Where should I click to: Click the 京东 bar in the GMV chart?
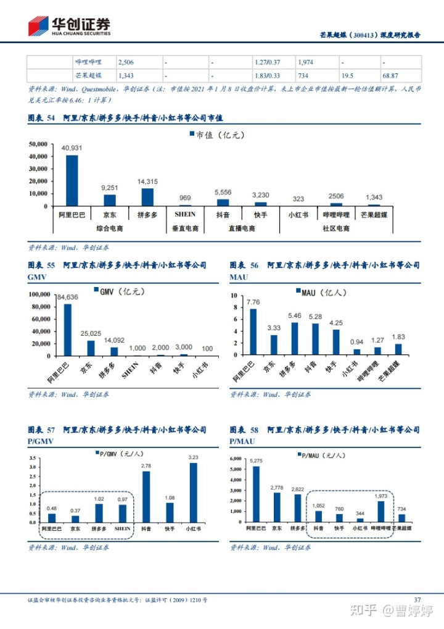91,348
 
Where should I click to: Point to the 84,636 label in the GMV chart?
67,298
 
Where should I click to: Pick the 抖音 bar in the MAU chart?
315,339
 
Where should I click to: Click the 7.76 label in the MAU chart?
253,302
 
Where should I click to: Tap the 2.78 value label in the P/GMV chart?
146,465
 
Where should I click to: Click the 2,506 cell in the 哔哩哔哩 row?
126,62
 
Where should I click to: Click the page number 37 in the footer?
417,599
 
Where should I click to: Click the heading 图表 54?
41,118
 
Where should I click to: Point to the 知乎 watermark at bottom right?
364,610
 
